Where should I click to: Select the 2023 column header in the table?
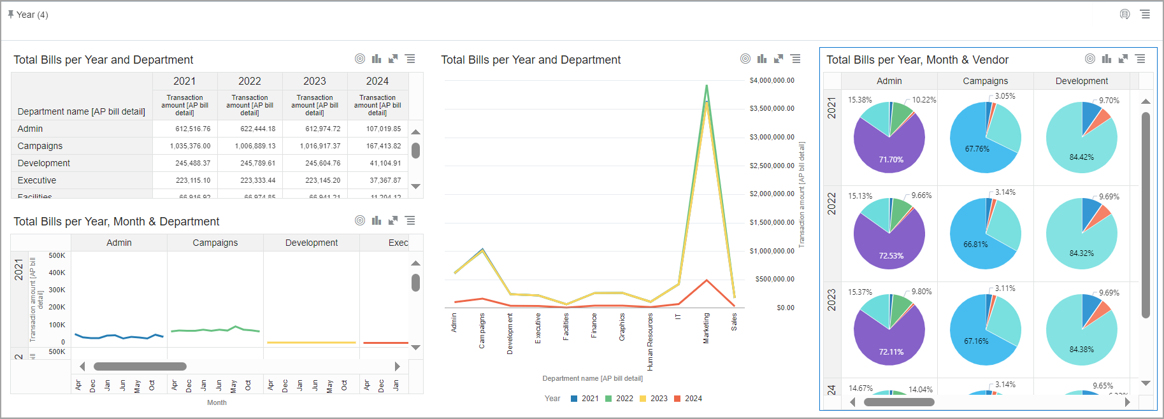tap(314, 81)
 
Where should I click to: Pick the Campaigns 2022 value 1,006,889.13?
tap(250, 146)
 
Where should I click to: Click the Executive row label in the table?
tap(37, 180)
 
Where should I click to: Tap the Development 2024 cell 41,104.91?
tap(385, 163)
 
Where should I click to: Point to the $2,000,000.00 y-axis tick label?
tap(772, 194)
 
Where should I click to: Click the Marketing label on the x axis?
tap(706, 328)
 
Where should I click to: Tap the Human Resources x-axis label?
tap(650, 341)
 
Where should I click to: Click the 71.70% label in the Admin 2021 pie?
tap(891, 160)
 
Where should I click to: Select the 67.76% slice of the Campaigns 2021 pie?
tap(977, 149)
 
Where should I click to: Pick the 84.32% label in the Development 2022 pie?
tap(1081, 253)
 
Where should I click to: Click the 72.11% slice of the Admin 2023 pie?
tap(891, 352)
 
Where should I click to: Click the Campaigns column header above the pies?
tap(985, 81)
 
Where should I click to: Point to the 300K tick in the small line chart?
tap(57, 290)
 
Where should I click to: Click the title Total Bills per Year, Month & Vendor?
tap(917, 60)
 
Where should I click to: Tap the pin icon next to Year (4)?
tap(11, 14)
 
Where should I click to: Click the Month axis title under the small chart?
tap(217, 402)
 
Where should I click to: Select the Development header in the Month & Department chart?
tap(311, 243)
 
